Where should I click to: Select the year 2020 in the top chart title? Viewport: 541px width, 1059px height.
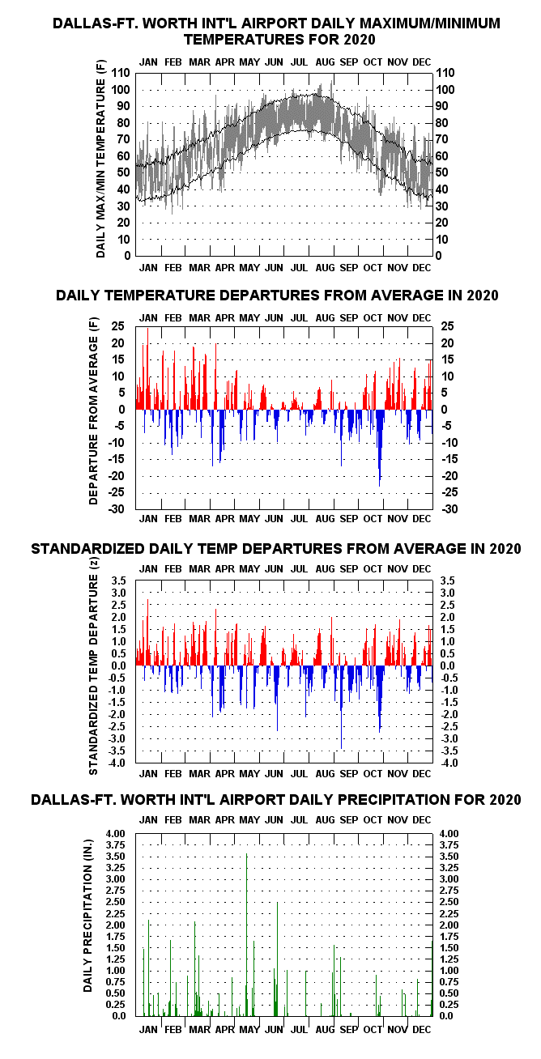360,39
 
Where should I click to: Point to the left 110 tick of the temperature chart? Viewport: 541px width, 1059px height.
121,73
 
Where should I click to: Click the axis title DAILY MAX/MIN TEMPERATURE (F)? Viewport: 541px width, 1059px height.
100,159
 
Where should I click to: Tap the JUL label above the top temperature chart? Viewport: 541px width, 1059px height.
299,62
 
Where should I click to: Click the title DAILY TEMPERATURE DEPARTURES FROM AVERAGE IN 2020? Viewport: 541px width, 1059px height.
277,296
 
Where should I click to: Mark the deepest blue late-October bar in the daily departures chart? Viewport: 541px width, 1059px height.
379,448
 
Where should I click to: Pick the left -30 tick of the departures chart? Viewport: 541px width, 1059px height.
117,509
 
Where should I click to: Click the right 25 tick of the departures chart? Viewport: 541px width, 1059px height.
447,326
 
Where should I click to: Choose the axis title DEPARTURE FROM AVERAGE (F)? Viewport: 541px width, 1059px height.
93,410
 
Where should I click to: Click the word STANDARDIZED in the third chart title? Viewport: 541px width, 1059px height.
88,548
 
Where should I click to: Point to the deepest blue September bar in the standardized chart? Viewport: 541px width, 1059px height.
342,708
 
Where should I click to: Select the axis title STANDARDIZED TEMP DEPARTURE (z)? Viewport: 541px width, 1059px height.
93,666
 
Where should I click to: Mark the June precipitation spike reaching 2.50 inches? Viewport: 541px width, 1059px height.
277,959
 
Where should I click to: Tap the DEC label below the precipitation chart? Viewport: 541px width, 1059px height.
422,1029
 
